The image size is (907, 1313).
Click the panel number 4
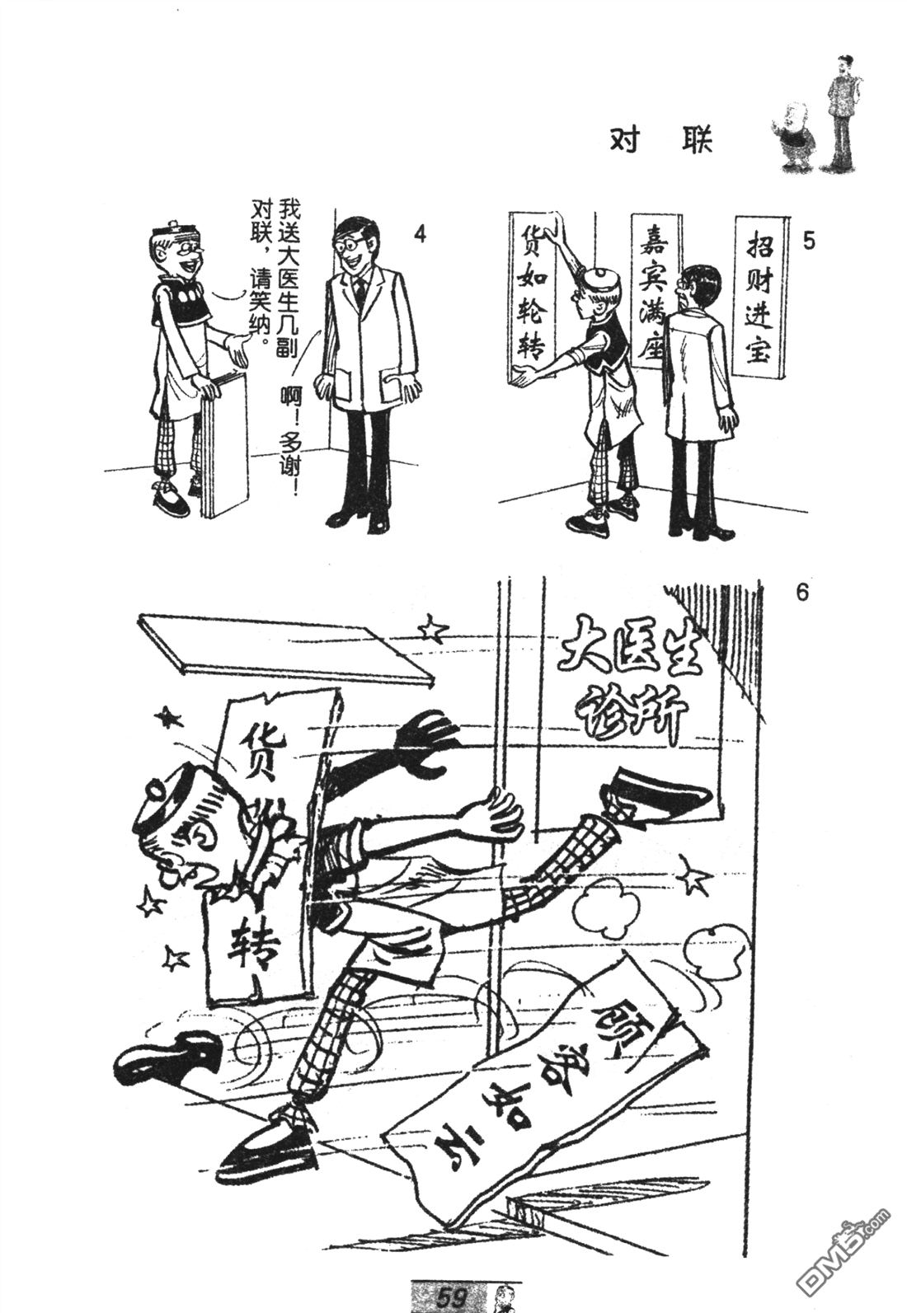click(419, 234)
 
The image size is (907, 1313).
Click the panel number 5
click(809, 241)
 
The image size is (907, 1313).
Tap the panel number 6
click(802, 593)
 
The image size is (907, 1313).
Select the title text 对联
click(660, 141)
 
